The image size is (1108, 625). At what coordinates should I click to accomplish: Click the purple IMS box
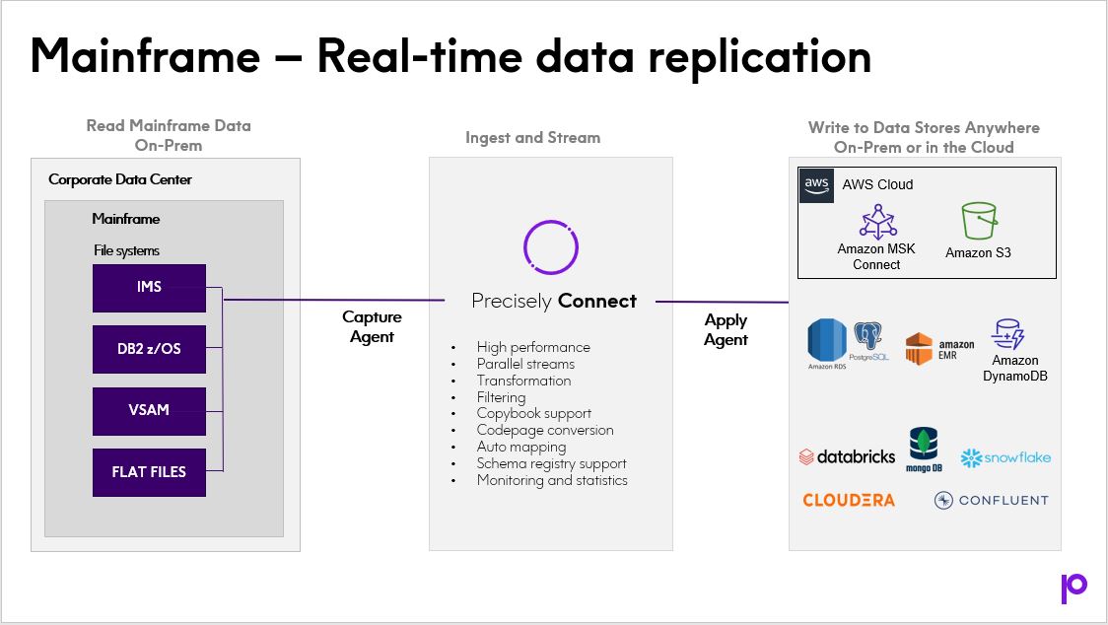point(149,288)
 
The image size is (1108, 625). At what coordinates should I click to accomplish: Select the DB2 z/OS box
point(149,349)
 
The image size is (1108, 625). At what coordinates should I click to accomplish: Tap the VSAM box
point(149,410)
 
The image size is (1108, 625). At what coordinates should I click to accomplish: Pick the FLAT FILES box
point(149,472)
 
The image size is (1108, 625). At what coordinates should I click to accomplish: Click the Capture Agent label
point(372,327)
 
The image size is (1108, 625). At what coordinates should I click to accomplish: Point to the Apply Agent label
point(726,330)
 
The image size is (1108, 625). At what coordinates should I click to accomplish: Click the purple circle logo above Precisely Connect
point(550,246)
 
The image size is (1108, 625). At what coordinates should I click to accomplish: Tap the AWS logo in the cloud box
point(816,185)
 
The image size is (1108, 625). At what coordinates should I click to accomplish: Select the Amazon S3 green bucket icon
point(978,221)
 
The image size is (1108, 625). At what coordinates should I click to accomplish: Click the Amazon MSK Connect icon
point(875,222)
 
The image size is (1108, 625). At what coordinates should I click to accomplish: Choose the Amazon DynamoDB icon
point(1009,335)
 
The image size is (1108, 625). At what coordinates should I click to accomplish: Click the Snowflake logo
point(1005,457)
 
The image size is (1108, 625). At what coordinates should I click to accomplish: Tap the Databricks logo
point(848,456)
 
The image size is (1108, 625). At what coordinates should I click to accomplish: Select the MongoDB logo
point(924,450)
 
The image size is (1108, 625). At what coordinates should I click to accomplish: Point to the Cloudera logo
point(849,500)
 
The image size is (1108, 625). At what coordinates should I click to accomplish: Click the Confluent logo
point(992,500)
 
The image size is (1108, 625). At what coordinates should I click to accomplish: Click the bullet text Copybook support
point(533,414)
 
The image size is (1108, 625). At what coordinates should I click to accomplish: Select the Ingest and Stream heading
point(532,138)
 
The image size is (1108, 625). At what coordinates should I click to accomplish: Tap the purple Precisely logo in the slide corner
point(1073,587)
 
